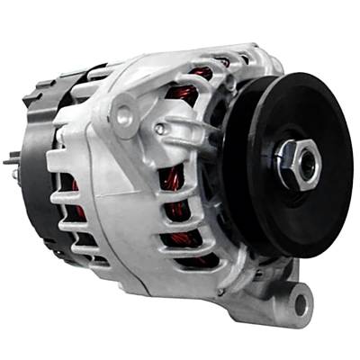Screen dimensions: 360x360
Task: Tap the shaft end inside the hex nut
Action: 305,162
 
